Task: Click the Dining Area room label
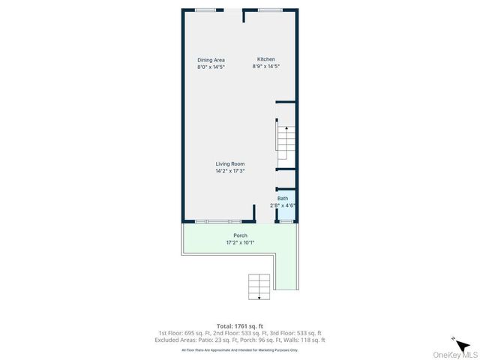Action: click(211, 60)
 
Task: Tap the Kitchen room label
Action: click(266, 59)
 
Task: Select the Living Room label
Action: click(230, 164)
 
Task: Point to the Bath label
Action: click(283, 199)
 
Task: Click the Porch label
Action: click(240, 235)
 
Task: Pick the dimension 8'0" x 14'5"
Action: click(211, 67)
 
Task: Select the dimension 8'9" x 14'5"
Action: click(266, 67)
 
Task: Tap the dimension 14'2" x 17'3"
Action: click(230, 171)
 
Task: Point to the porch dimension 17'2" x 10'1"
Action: click(240, 242)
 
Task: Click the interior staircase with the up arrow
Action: click(284, 142)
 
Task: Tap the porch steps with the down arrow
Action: click(259, 286)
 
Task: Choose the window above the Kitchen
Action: click(270, 10)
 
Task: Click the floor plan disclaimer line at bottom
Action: click(240, 349)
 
